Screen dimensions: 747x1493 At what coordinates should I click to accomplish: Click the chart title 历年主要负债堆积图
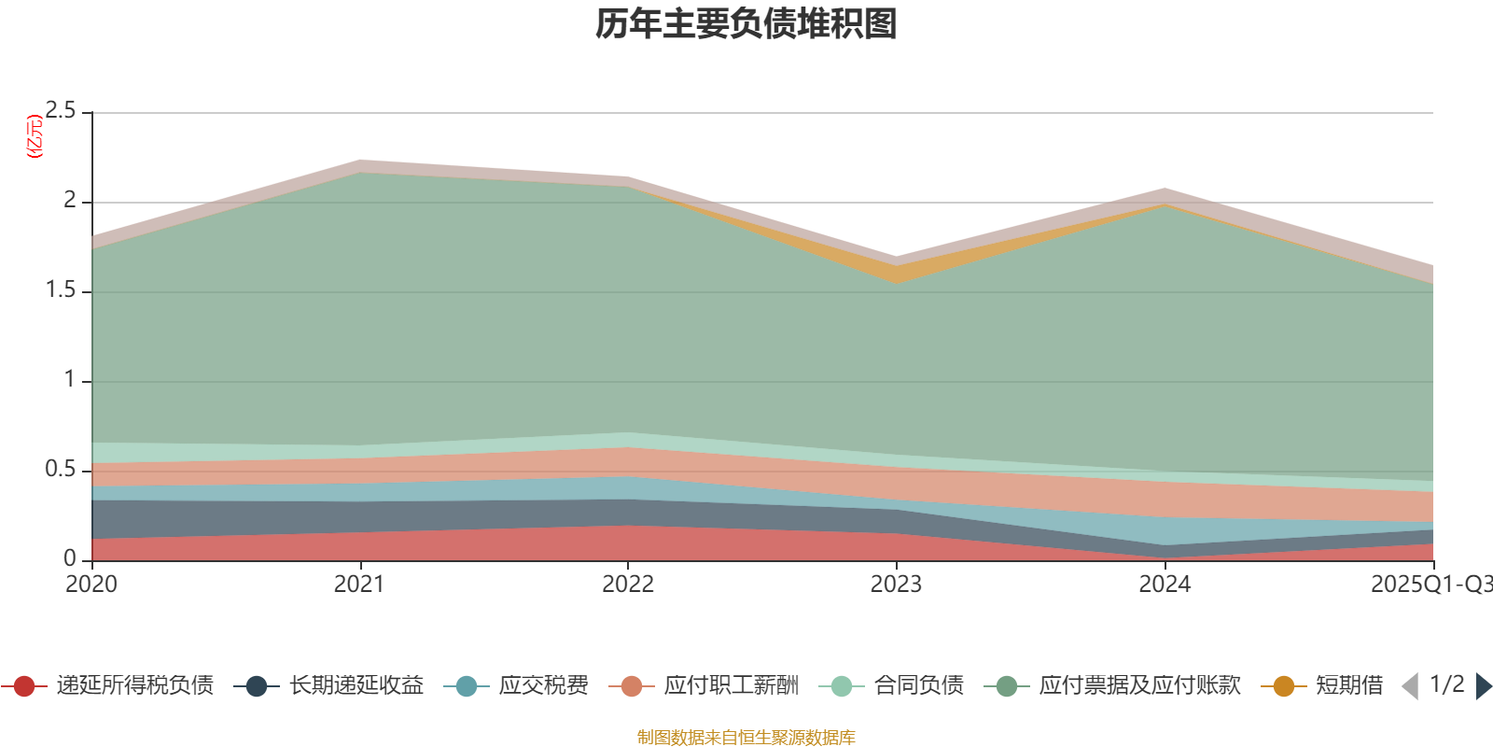point(746,24)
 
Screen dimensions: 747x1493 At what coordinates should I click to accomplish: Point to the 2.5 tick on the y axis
point(61,111)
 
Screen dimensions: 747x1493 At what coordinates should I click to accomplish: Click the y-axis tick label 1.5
point(61,290)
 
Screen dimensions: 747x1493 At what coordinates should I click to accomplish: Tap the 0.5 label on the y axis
point(61,470)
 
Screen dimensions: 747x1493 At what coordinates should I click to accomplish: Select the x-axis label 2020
point(91,585)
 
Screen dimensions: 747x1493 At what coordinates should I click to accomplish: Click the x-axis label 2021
point(359,585)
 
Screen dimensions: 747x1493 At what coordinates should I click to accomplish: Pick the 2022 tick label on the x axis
point(628,585)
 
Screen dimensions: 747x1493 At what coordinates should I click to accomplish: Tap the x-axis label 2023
point(896,585)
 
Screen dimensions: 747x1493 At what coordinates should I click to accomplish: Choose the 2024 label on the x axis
point(1165,585)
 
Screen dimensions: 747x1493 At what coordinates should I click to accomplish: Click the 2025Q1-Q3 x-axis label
point(1430,585)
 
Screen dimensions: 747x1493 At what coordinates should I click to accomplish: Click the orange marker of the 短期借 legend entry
point(1284,686)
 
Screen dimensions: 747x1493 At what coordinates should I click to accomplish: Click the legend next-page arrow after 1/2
point(1483,686)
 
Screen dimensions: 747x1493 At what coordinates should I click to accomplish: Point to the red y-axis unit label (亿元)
point(35,136)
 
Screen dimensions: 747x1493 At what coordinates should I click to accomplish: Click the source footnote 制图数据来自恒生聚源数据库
point(746,738)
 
